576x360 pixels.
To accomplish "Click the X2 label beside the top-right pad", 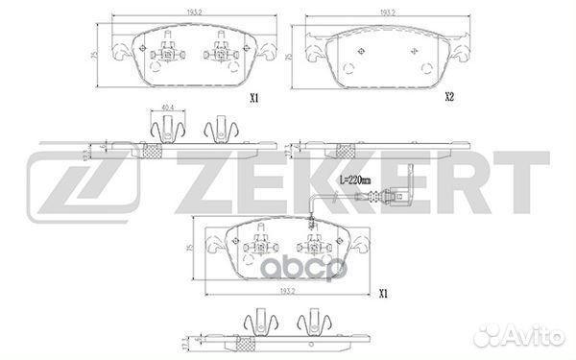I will tap(448, 98).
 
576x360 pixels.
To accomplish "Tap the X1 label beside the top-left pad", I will tap(254, 98).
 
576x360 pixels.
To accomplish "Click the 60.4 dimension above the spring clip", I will tap(168, 108).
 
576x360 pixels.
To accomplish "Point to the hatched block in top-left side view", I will tap(151, 150).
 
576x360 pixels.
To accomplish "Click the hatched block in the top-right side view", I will tap(346, 150).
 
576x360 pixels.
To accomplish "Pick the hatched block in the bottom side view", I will tap(245, 343).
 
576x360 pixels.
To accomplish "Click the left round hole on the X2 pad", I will tap(347, 67).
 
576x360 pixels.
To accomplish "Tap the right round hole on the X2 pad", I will tap(423, 67).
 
